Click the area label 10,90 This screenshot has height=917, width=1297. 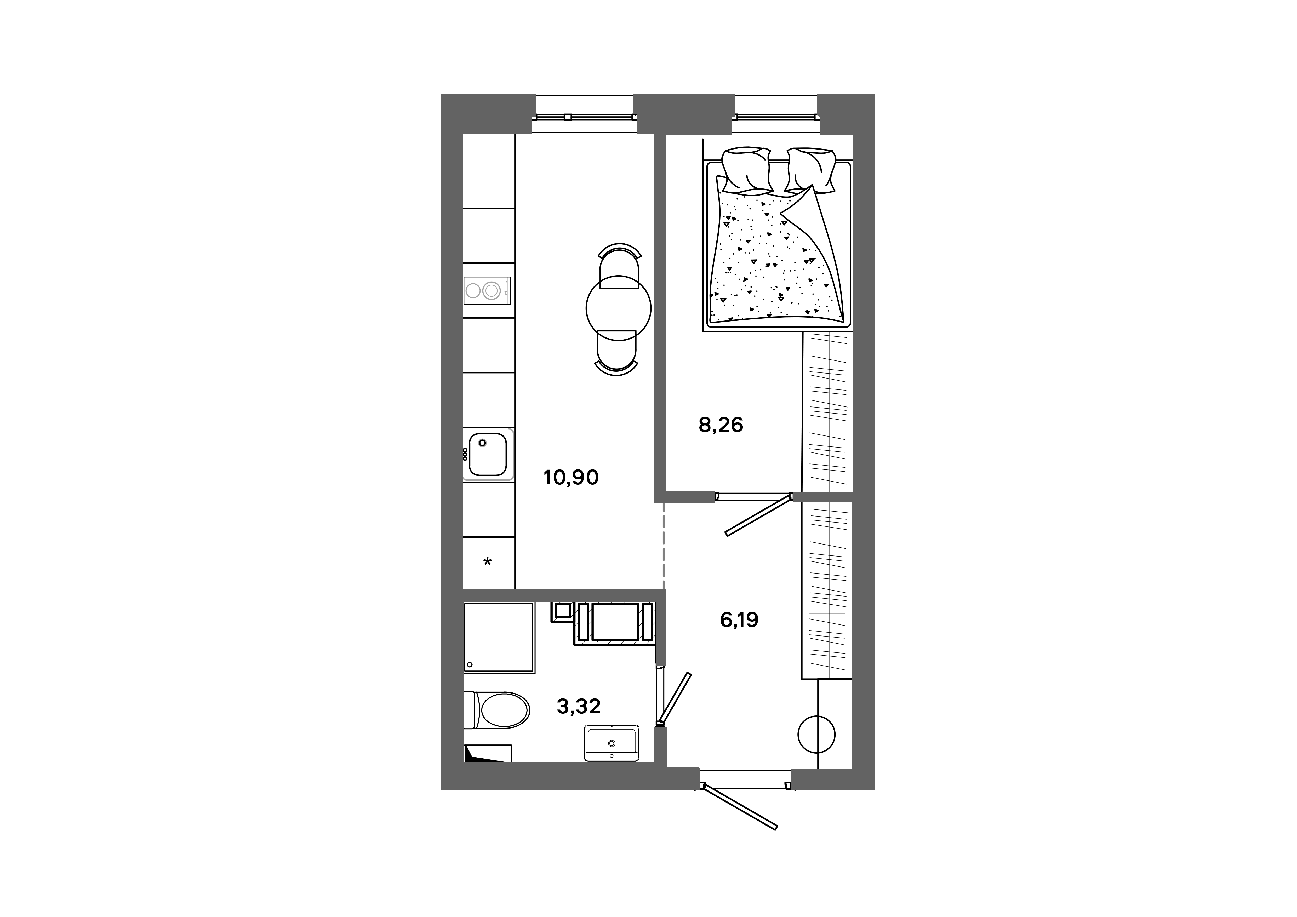point(571,478)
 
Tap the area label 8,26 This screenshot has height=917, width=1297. point(721,425)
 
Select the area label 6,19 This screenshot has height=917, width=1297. point(739,620)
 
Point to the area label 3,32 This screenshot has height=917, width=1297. point(579,706)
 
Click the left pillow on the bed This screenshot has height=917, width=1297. point(747,169)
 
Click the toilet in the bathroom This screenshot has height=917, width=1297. point(500,710)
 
